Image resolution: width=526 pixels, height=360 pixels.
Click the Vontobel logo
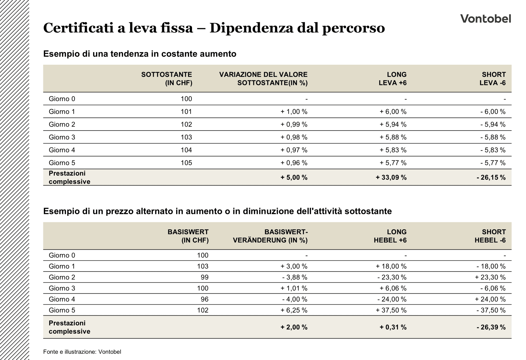tap(485, 19)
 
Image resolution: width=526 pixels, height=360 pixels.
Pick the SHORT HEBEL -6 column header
tap(490, 236)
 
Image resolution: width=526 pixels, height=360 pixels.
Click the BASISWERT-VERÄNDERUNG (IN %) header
tap(270, 236)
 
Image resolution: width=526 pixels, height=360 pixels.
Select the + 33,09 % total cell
tap(391, 178)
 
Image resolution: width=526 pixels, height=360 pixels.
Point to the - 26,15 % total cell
tap(491, 178)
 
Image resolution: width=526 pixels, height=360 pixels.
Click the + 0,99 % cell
tap(294, 124)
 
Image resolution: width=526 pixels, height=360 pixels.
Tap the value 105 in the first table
tap(186, 163)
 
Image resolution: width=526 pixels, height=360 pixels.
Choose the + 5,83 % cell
tap(393, 150)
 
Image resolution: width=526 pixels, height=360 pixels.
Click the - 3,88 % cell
tap(295, 277)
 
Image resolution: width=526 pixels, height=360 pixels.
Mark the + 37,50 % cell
tap(391, 310)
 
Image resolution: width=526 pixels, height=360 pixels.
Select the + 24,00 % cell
tap(490, 299)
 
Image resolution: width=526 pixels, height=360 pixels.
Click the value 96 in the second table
tap(205, 299)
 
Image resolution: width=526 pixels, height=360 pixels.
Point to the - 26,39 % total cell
tap(491, 327)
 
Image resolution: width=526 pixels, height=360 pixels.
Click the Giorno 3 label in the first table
tap(62, 137)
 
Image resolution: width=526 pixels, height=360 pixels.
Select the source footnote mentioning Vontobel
tap(82, 352)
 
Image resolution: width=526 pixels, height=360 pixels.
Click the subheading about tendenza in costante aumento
tap(140, 54)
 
